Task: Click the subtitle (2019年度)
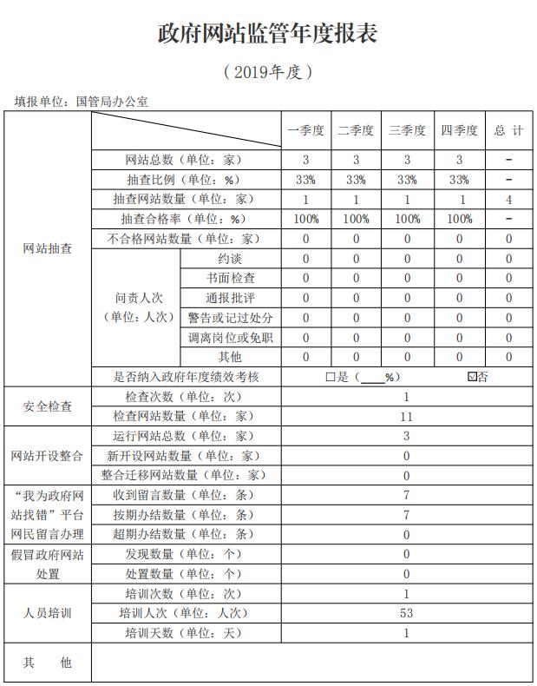pyautogui.click(x=267, y=72)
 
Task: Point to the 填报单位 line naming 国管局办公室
pyautogui.click(x=82, y=102)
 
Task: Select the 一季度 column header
pyautogui.click(x=305, y=131)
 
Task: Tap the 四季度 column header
pyautogui.click(x=459, y=131)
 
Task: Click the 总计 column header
pyautogui.click(x=509, y=131)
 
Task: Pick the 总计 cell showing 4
pyautogui.click(x=509, y=200)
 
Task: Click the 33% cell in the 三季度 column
pyautogui.click(x=407, y=180)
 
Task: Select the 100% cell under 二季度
pyautogui.click(x=356, y=219)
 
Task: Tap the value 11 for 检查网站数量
pyautogui.click(x=406, y=417)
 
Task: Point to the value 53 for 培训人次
pyautogui.click(x=406, y=613)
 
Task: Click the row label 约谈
pyautogui.click(x=230, y=259)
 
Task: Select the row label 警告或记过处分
pyautogui.click(x=230, y=318)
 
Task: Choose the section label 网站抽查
pyautogui.click(x=48, y=249)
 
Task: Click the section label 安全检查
pyautogui.click(x=48, y=406)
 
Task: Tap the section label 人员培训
pyautogui.click(x=48, y=613)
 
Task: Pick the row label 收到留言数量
pyautogui.click(x=183, y=495)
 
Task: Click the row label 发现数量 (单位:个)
pyautogui.click(x=183, y=554)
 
